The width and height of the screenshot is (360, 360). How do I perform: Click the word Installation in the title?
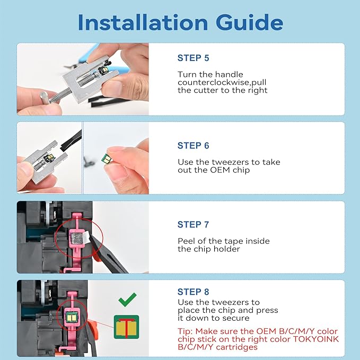coord(143,22)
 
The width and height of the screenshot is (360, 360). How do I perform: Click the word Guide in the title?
coord(249,22)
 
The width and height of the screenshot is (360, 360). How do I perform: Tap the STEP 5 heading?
coord(194,58)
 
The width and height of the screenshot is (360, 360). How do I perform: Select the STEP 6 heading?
coord(194,146)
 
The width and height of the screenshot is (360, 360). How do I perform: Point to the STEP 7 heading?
coord(194,225)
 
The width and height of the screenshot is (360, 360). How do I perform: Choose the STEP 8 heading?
coord(194,292)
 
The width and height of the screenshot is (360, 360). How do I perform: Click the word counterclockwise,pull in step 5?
coord(222,82)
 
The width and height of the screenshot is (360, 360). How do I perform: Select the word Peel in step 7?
coord(186,241)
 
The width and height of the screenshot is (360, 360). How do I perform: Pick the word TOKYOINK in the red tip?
coord(316,339)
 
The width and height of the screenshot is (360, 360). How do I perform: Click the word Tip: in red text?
coord(185,331)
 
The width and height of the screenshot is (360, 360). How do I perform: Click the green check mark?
coord(127,300)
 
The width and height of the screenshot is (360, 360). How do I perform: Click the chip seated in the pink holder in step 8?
coord(72,318)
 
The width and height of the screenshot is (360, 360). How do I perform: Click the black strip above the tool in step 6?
coord(71,141)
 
